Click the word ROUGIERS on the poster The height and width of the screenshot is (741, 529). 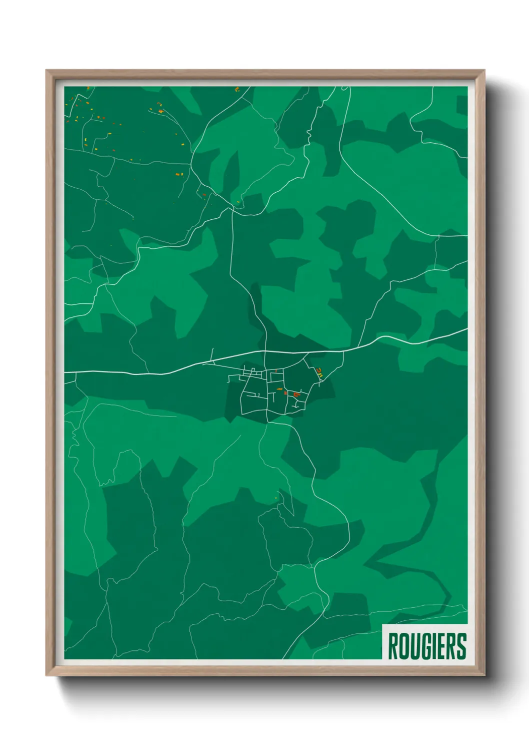point(426,646)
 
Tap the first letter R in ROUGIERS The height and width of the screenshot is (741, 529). point(392,646)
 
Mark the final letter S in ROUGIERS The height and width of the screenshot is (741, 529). point(461,646)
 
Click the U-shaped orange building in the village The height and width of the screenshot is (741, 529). point(296,395)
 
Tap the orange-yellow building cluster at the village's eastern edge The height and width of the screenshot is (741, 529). point(319,372)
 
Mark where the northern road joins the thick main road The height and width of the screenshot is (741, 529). point(265,352)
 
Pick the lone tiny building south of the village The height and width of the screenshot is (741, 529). point(276,497)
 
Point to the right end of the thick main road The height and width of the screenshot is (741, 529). point(466,330)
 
